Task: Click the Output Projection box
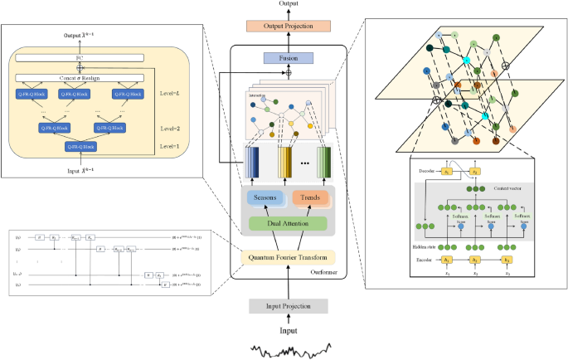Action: coord(288,26)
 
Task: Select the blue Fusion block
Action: coord(288,59)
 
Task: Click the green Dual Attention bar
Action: coord(287,223)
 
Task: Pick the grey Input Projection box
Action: coord(287,306)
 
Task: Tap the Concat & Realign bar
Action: coord(80,78)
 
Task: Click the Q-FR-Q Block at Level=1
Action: coord(80,147)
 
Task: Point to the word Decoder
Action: coord(427,172)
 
